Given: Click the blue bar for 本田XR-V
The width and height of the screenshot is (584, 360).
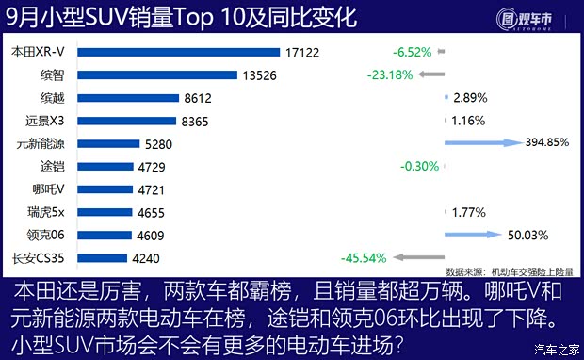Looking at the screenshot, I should [x=174, y=52].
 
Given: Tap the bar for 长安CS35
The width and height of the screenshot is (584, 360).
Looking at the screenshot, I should [x=103, y=257].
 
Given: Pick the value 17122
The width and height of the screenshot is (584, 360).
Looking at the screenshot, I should [x=304, y=52].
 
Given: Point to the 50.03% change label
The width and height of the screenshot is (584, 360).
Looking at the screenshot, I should [x=527, y=235].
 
